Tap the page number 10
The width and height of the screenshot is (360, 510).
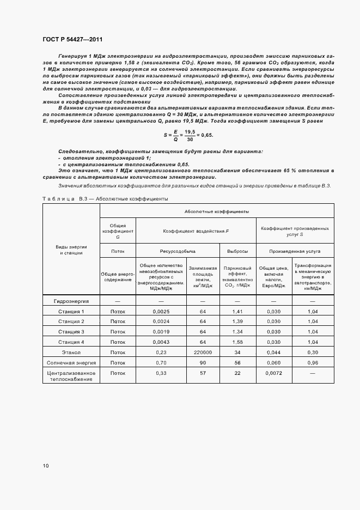pos(46,466)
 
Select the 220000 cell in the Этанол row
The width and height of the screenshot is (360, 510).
pos(203,352)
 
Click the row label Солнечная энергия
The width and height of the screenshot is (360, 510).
pos(71,362)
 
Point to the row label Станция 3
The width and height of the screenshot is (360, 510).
pos(71,331)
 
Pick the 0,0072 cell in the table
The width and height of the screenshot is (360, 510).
pos(274,373)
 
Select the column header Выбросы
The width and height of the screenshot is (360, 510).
pos(237,251)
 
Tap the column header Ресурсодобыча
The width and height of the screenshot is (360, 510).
pos(178,251)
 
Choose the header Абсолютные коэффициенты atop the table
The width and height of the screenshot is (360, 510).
pos(217,210)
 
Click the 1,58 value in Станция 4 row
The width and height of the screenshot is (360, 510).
pos(237,342)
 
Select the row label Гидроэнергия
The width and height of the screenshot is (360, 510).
pos(71,301)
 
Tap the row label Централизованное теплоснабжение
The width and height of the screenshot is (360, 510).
pos(71,376)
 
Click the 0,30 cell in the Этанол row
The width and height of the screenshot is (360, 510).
pos(313,352)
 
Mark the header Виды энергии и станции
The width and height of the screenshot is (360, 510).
pos(71,250)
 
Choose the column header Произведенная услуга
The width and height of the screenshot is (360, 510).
pos(295,251)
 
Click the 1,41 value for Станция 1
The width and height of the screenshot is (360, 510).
pos(237,311)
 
